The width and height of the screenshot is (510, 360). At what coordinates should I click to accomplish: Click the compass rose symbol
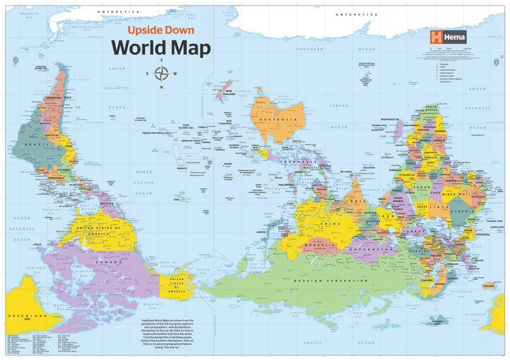click(161, 74)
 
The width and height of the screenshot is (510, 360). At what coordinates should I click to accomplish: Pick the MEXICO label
click(107, 204)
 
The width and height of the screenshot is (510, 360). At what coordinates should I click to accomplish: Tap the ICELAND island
click(487, 286)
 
